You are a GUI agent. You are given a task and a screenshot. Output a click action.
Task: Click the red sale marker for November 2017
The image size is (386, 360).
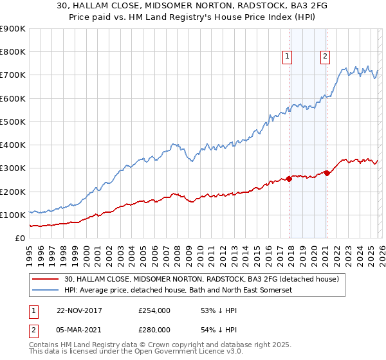(289, 179)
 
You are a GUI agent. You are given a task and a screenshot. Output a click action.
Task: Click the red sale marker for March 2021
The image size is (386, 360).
(326, 173)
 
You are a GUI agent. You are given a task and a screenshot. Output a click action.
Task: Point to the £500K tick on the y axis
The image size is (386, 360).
(13, 122)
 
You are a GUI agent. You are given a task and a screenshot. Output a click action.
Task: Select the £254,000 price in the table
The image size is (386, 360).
(154, 310)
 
